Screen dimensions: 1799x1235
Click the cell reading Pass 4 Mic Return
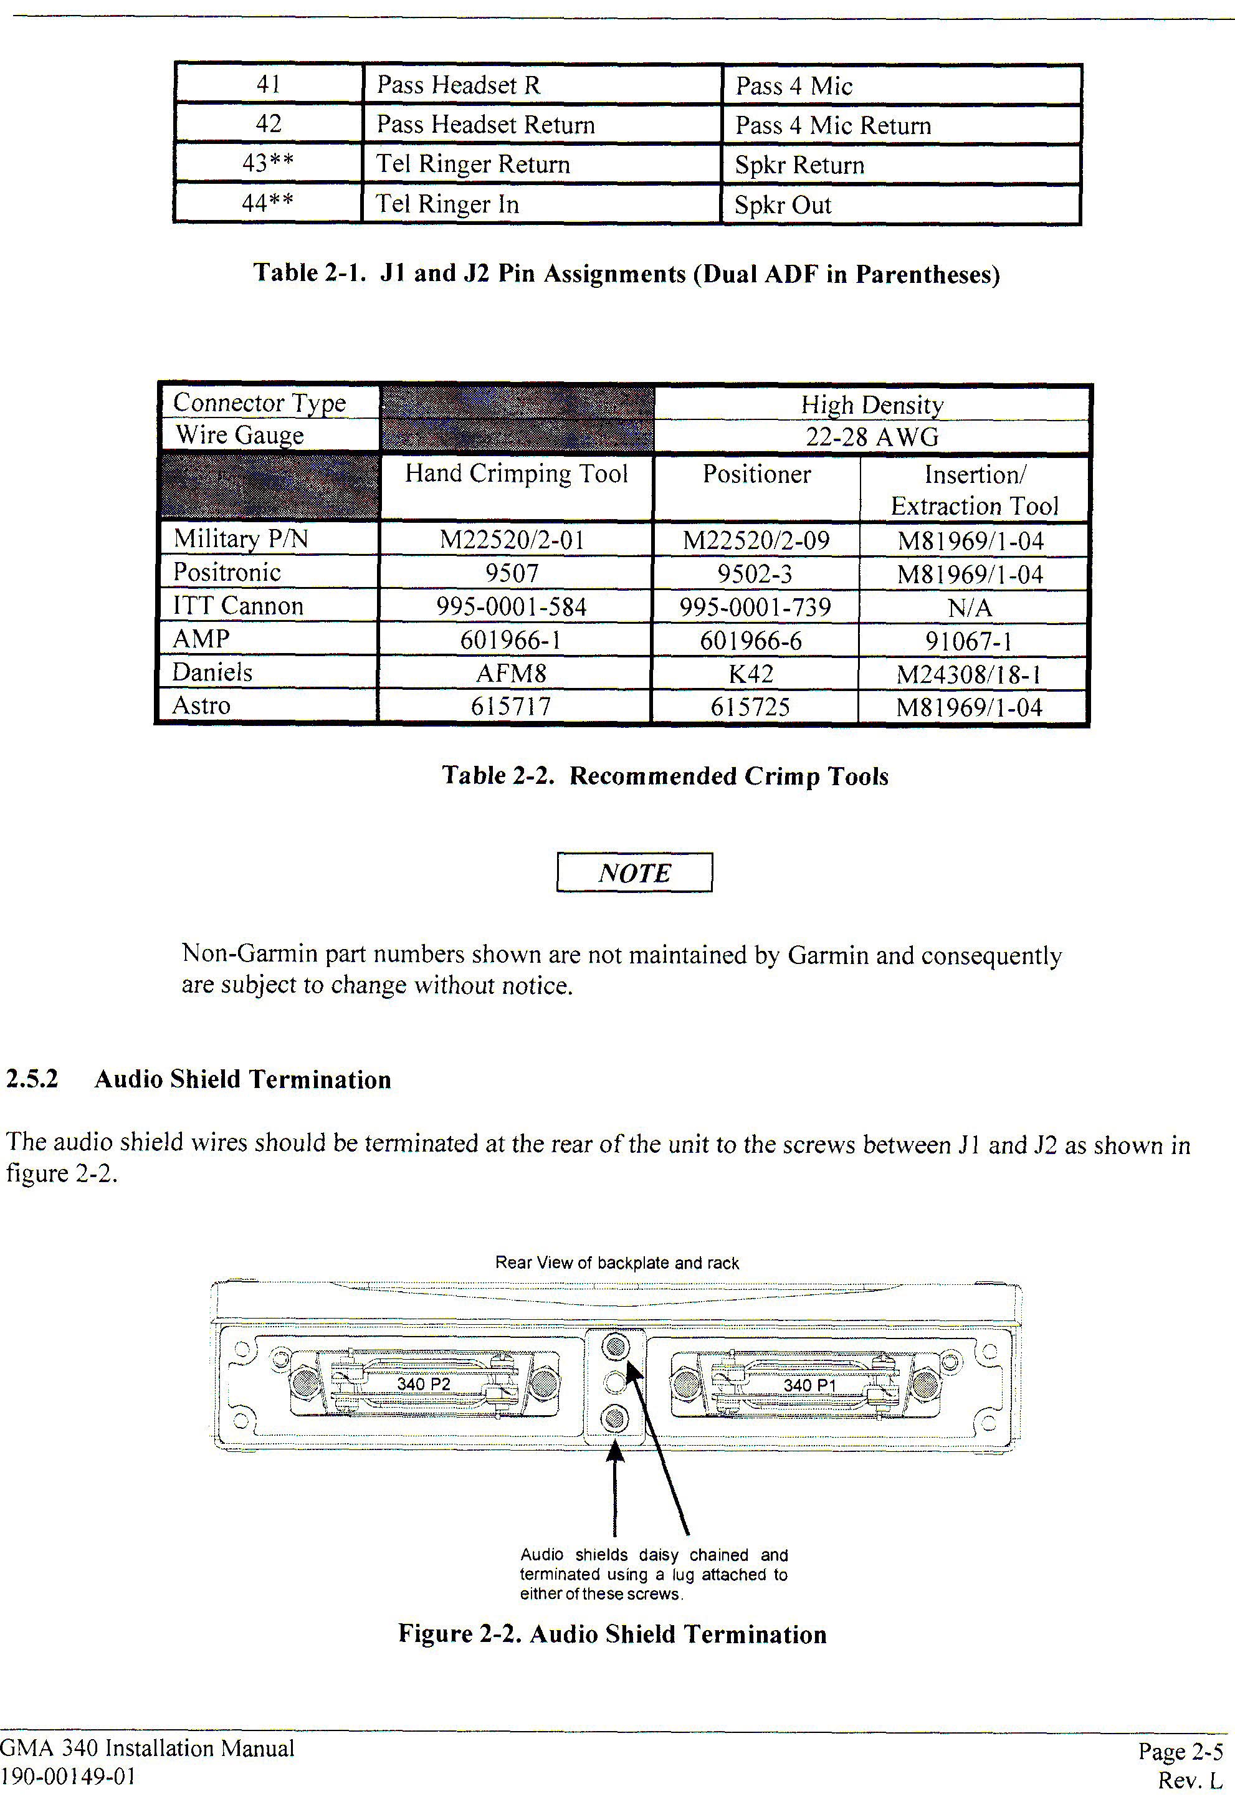pos(832,125)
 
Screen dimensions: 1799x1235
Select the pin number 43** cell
pos(268,163)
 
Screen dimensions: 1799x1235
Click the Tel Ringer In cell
pos(447,204)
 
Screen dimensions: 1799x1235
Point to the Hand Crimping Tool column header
pos(516,474)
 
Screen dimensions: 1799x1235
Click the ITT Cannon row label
pos(237,605)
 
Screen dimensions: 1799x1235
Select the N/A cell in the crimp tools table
pos(970,608)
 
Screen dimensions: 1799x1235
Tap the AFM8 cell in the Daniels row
pos(511,674)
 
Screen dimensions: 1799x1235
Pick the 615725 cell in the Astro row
pos(750,707)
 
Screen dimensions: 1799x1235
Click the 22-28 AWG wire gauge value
pos(872,437)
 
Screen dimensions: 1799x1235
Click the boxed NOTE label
pos(634,873)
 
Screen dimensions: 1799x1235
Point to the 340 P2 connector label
pos(424,1384)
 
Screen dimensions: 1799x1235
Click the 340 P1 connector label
pos(809,1385)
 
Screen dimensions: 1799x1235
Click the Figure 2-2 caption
pos(612,1634)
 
